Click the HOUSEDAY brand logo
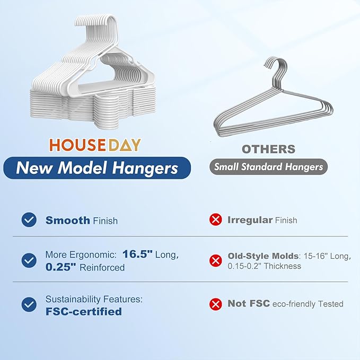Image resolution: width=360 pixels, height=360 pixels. pos(95,145)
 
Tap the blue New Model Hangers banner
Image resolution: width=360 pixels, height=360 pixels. pos(96,168)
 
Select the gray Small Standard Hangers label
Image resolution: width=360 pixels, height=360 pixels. pos(268,167)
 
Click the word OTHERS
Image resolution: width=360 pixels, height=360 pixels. pos(268,149)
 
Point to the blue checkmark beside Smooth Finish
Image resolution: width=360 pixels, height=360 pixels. pos(29,220)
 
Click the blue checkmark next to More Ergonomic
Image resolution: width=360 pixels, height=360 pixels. pos(29,260)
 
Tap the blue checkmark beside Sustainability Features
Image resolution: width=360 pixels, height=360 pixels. pos(29,304)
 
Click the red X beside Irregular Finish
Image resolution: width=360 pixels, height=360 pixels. pos(216,220)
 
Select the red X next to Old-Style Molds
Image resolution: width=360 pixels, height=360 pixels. pos(216,260)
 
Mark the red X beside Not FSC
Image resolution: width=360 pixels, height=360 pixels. pos(216,304)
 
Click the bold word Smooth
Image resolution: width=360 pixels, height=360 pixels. pos(68,220)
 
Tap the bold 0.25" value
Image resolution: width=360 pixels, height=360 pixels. pos(61,267)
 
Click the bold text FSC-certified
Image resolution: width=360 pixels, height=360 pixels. pos(83,312)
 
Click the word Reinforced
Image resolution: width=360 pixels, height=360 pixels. pos(102,268)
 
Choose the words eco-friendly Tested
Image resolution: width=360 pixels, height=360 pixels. pos(308,304)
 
